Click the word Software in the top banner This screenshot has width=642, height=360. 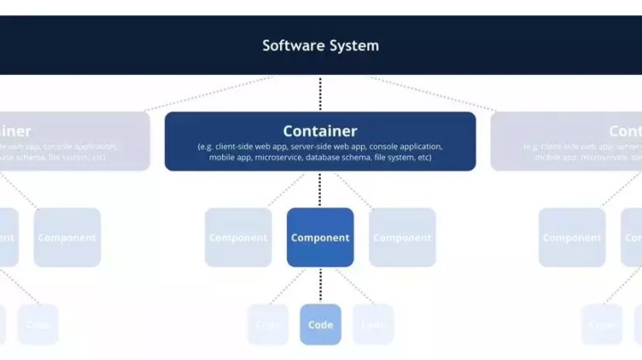290,45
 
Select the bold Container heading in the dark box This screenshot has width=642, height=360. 320,131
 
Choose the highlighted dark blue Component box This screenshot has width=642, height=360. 320,238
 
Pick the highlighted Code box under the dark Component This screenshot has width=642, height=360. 320,324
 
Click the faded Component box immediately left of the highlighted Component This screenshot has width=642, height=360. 238,238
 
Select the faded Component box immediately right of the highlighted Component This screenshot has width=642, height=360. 402,238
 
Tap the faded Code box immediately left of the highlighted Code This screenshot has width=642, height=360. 268,324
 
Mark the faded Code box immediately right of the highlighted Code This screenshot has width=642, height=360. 373,324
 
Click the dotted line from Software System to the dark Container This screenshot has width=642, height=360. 320,94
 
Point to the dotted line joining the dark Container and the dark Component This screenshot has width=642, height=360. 320,189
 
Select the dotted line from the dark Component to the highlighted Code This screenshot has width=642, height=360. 320,285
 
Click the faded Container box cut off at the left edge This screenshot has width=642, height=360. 71,141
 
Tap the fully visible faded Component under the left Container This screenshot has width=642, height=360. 67,238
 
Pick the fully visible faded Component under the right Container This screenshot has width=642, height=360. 572,238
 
